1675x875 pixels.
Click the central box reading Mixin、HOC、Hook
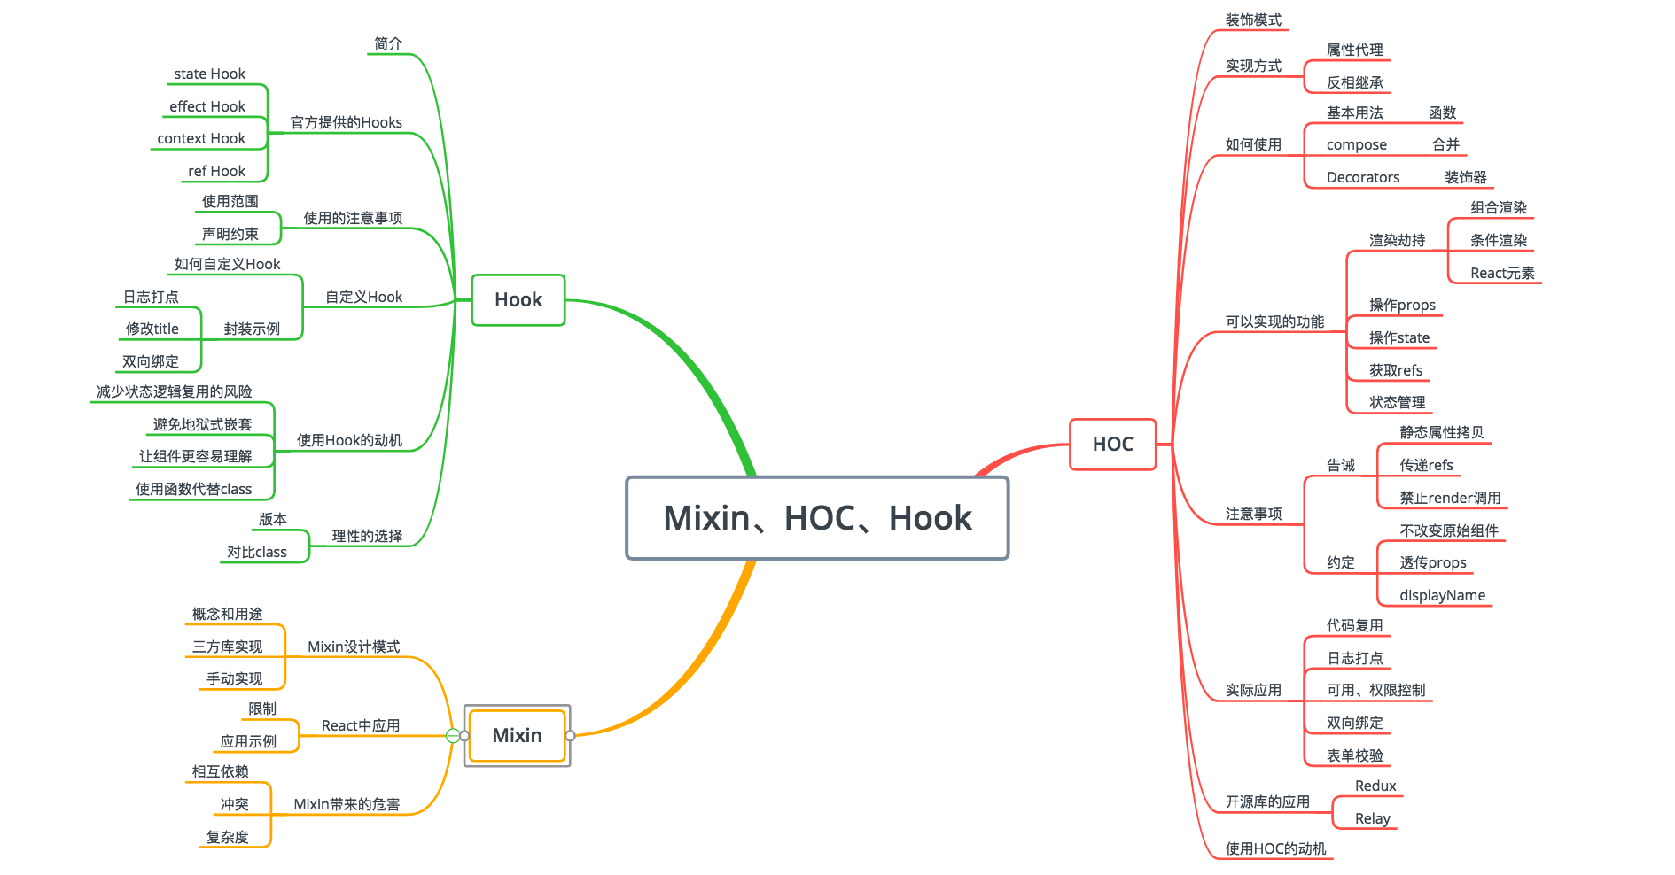coord(817,518)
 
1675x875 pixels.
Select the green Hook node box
coord(518,300)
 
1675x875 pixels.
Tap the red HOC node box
coord(1112,444)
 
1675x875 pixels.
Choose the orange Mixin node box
coord(517,735)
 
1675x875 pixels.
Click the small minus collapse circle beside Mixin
coord(453,735)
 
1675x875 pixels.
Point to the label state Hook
coord(209,74)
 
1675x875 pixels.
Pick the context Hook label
coord(201,138)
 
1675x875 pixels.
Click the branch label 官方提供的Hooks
coord(346,122)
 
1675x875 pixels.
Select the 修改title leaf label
coord(152,329)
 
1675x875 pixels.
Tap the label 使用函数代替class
coord(193,489)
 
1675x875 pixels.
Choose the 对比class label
coord(257,552)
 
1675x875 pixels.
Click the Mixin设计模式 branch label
coord(354,647)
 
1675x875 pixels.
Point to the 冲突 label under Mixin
coord(234,804)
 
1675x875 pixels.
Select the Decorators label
coord(1363,177)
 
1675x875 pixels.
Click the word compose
coord(1356,144)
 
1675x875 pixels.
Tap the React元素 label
coord(1502,273)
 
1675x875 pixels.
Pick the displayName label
coord(1442,595)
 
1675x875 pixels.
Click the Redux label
coord(1375,786)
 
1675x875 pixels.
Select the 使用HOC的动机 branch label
coord(1275,848)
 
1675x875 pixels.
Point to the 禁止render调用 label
coord(1450,498)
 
